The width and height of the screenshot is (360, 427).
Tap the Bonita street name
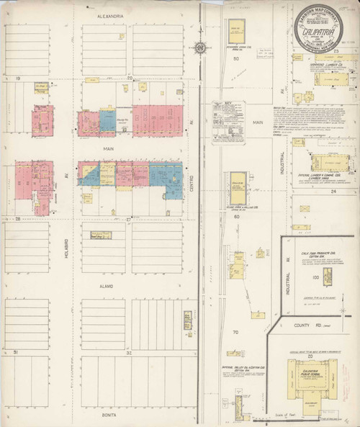pyautogui.click(x=109, y=415)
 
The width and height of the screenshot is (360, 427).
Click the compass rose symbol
pyautogui.click(x=199, y=48)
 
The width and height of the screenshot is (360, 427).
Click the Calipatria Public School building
pyautogui.click(x=310, y=379)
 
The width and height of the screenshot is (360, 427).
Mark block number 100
pyautogui.click(x=314, y=277)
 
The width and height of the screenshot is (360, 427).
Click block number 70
pyautogui.click(x=235, y=332)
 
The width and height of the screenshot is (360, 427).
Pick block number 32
pyautogui.click(x=130, y=353)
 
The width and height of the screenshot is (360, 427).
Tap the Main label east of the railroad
pyautogui.click(x=258, y=123)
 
